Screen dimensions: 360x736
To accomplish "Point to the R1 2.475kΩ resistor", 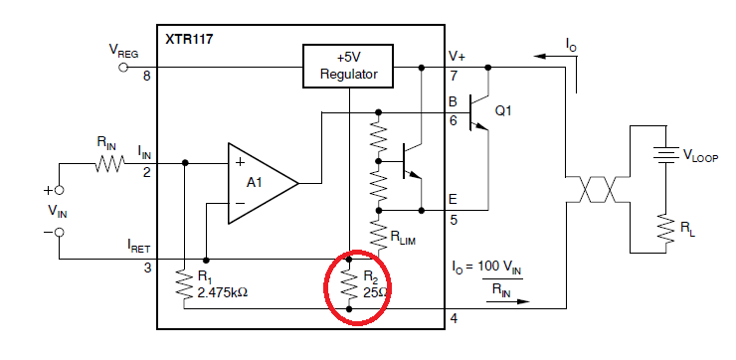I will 185,284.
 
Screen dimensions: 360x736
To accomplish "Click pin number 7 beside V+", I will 455,76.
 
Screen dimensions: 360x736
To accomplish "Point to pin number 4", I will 455,318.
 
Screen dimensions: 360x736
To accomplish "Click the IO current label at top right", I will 570,43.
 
